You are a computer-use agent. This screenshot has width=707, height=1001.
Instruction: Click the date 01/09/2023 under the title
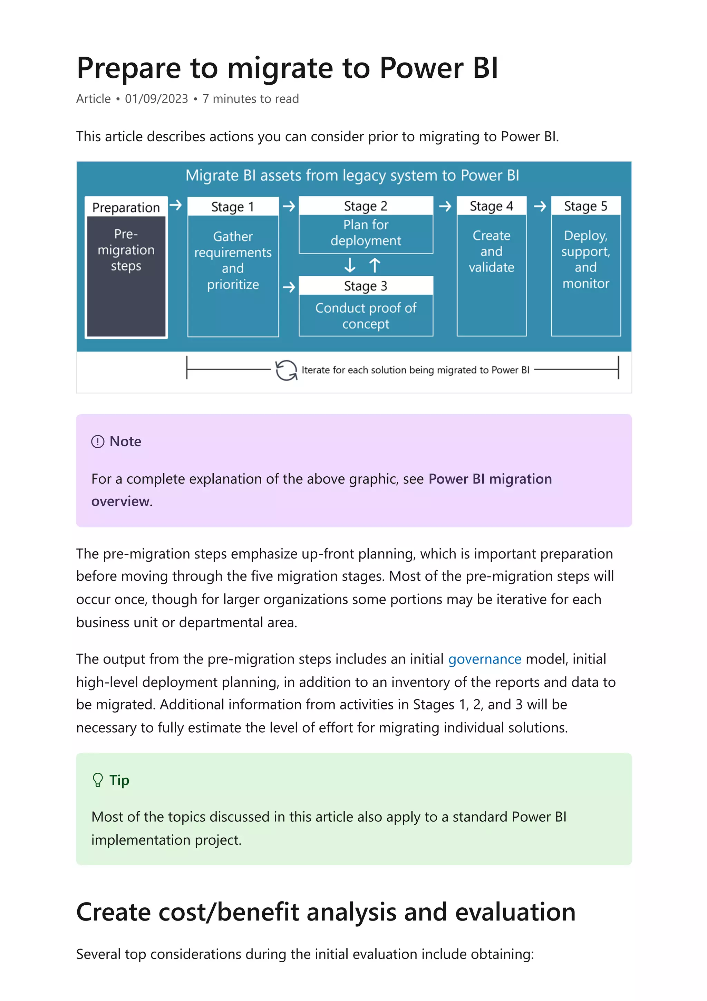[x=156, y=99]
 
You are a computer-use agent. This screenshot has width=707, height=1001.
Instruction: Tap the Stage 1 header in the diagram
[x=233, y=207]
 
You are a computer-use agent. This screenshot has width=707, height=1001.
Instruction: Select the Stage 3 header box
[x=366, y=286]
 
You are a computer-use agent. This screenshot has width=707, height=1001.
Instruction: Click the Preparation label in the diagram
[x=126, y=208]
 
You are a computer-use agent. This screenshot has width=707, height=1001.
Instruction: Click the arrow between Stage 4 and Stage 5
[x=539, y=206]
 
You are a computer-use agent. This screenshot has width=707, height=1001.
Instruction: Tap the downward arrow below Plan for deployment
[x=350, y=265]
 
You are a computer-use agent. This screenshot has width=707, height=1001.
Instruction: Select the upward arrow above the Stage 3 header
[x=375, y=265]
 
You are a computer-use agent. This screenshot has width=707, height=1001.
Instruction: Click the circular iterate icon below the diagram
[x=286, y=370]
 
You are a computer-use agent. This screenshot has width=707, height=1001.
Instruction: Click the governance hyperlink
[x=484, y=659]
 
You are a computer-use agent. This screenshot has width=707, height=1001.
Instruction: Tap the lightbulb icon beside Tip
[x=98, y=780]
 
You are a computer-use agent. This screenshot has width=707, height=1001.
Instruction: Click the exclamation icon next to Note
[x=98, y=442]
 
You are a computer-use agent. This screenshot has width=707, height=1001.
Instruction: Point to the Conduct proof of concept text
[x=366, y=316]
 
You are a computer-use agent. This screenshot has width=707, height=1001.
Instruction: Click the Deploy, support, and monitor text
[x=585, y=259]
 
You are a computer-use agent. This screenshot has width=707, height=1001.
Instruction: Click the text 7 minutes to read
[x=251, y=99]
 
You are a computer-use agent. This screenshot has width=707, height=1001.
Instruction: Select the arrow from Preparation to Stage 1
[x=176, y=205]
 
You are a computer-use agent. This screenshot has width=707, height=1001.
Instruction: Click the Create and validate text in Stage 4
[x=491, y=251]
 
